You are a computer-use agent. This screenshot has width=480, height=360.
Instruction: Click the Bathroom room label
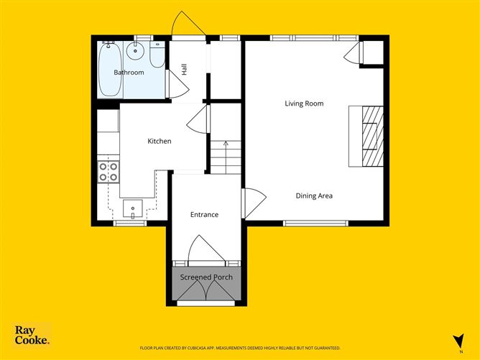pyautogui.click(x=129, y=73)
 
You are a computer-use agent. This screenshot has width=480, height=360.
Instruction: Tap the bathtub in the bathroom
pyautogui.click(x=110, y=70)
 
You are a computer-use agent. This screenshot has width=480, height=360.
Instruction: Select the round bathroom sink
pyautogui.click(x=135, y=51)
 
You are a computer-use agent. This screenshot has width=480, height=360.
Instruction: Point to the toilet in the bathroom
pyautogui.click(x=157, y=54)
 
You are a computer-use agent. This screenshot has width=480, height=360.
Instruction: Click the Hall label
pyautogui.click(x=184, y=70)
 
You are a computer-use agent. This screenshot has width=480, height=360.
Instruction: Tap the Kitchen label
pyautogui.click(x=160, y=141)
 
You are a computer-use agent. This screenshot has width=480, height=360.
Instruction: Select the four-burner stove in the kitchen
pyautogui.click(x=109, y=172)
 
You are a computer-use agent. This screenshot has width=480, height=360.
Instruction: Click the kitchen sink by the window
pyautogui.click(x=132, y=208)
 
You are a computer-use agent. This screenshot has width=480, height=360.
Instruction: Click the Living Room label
pyautogui.click(x=304, y=103)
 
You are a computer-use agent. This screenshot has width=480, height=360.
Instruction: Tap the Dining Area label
pyautogui.click(x=314, y=196)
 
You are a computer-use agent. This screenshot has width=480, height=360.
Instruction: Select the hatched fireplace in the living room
pyautogui.click(x=373, y=137)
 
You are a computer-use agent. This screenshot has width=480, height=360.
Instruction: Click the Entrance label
pyautogui.click(x=205, y=215)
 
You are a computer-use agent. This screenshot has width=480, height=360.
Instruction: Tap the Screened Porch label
pyautogui.click(x=206, y=277)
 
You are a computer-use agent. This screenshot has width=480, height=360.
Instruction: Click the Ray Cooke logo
pyautogui.click(x=32, y=335)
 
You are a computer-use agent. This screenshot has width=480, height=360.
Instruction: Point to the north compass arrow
pyautogui.click(x=459, y=341)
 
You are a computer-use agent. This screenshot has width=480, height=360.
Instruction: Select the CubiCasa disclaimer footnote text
pyautogui.click(x=240, y=348)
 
